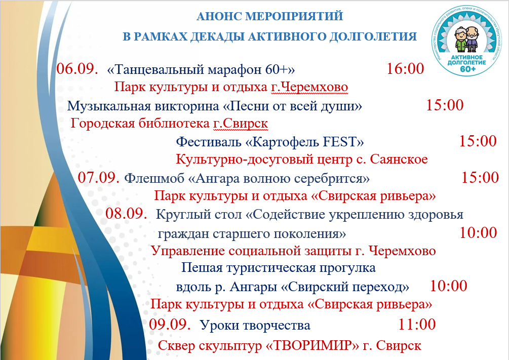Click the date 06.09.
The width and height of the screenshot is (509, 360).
coord(77,69)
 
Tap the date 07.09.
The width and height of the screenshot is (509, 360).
coord(99,178)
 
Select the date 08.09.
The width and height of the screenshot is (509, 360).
coord(126,214)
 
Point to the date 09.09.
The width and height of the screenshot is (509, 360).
coord(170,325)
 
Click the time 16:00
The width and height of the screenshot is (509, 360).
coord(405,69)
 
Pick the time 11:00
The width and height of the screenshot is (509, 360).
coord(417,325)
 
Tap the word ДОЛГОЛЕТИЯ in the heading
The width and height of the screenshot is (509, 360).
coord(373,36)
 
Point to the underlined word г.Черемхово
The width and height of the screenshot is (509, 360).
coord(309,87)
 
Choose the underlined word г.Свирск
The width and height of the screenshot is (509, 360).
coord(241,124)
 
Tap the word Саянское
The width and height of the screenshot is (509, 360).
coord(399,159)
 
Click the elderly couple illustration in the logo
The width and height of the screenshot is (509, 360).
coord(467,39)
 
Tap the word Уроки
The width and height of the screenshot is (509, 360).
coord(217,325)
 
